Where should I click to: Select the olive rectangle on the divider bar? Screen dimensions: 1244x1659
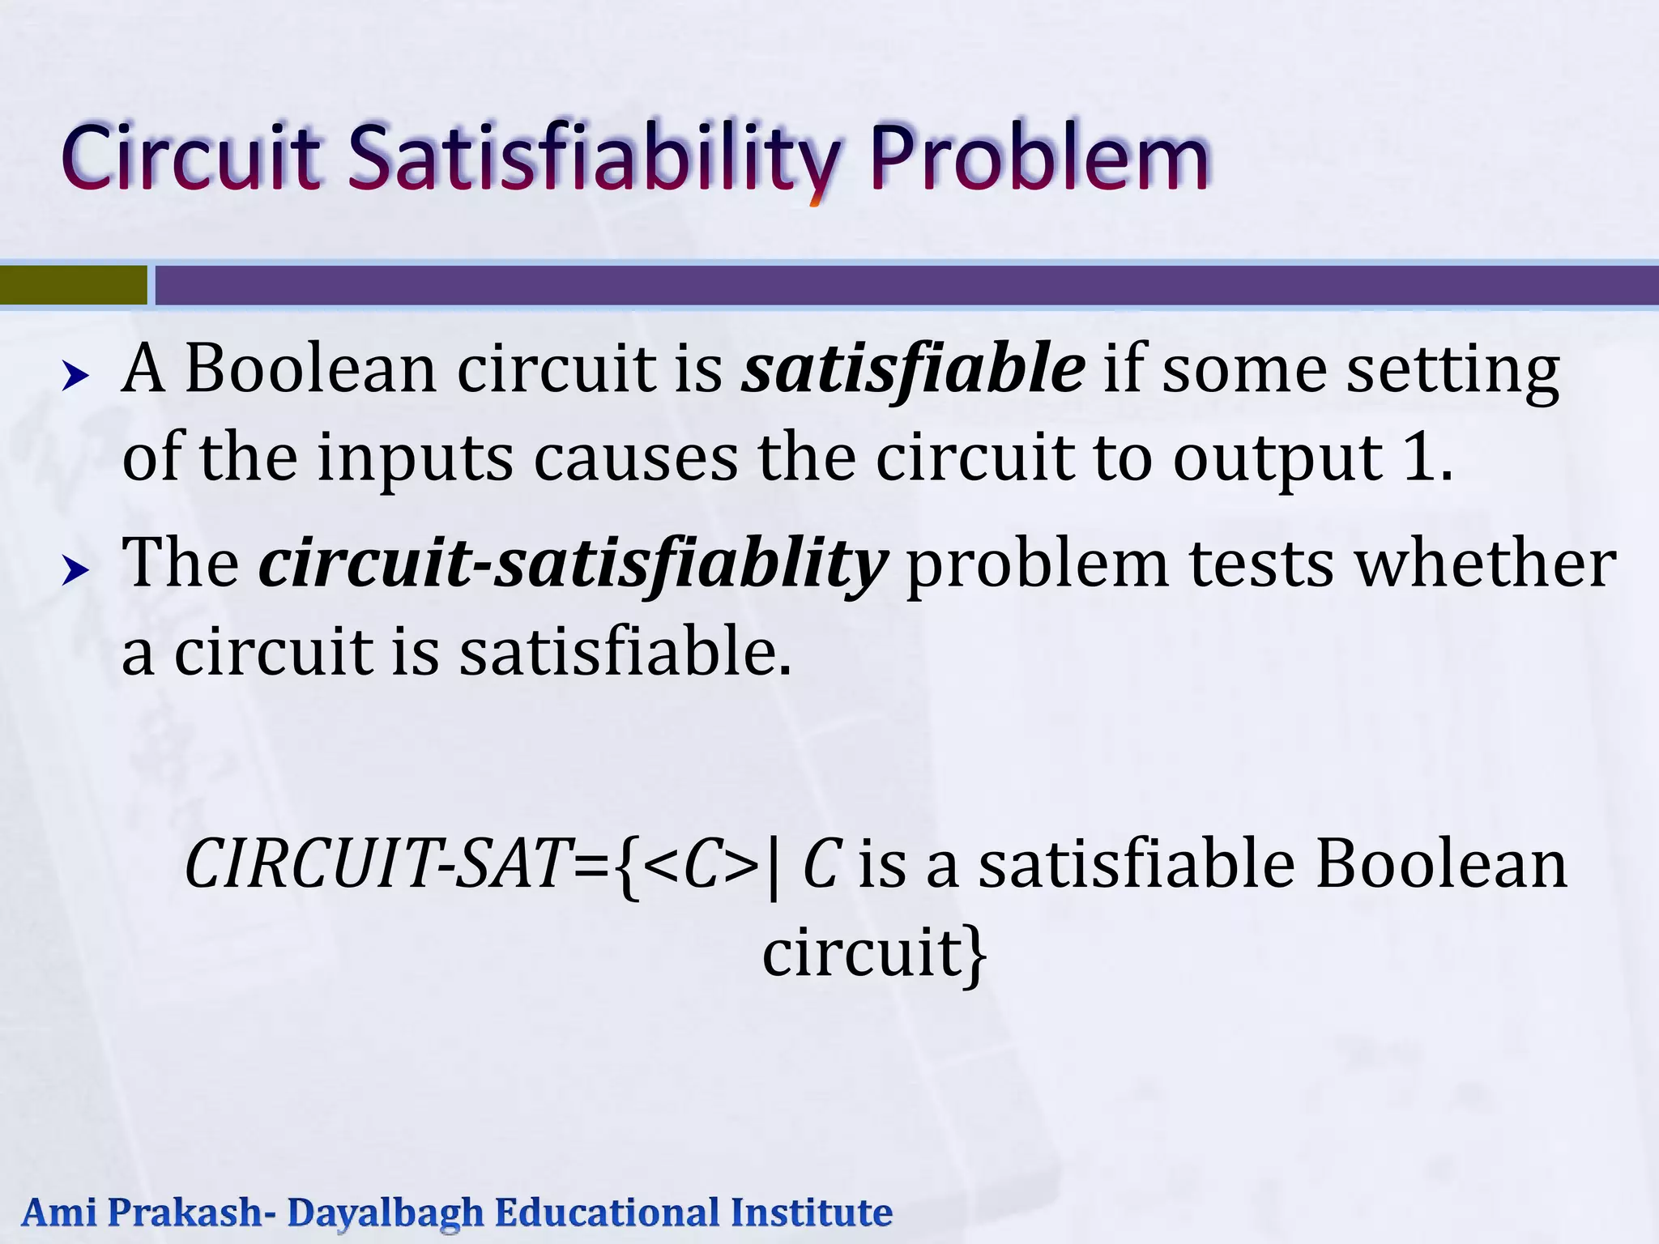coord(73,285)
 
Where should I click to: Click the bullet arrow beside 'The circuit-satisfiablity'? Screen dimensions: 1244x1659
coord(75,571)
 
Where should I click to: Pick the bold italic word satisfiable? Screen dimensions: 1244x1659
coord(914,369)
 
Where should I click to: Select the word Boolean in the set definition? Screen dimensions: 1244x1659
coord(1441,864)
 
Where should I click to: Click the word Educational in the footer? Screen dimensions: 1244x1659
coord(607,1213)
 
